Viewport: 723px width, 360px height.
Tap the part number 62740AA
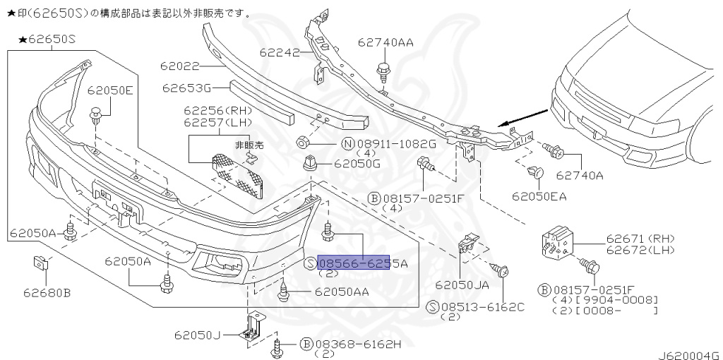[x=386, y=42]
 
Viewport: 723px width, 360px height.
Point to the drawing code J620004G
[x=689, y=354]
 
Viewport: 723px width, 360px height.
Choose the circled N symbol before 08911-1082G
[x=347, y=144]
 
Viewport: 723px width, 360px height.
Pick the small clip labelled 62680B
[x=40, y=265]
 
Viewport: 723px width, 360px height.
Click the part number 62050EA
[x=539, y=196]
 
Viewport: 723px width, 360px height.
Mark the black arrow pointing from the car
[x=522, y=117]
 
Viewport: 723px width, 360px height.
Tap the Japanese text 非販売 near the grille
[x=249, y=145]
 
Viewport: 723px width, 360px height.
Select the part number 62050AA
[x=342, y=291]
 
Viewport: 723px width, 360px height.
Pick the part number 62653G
[x=186, y=88]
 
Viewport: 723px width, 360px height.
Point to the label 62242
[x=280, y=52]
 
